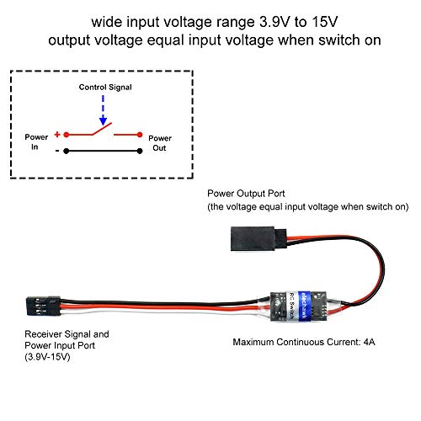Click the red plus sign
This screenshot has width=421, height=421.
pos(57,134)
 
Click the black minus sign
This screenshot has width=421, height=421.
pos(57,152)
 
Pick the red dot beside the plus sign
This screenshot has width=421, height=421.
pos(67,134)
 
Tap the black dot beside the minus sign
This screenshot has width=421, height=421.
pos(67,152)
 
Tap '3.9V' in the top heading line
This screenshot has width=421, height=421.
pos(253,19)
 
